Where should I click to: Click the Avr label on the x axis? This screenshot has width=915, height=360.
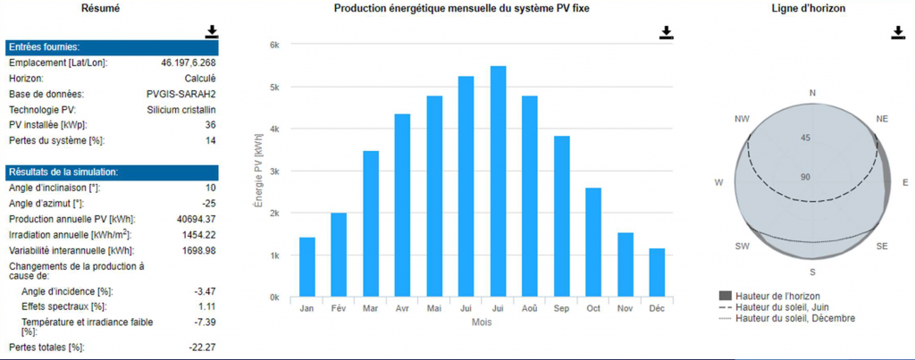402,308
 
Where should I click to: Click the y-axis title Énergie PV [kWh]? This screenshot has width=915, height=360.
259,171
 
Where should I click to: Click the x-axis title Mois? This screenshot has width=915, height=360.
482,322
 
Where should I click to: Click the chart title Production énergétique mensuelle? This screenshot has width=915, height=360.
461,8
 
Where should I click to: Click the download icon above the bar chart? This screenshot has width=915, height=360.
666,32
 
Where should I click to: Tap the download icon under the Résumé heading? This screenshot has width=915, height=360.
211,31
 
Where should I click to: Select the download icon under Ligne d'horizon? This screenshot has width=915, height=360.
898,32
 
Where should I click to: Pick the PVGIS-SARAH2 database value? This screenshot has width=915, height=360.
181,94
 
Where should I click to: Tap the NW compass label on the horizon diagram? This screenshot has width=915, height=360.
742,119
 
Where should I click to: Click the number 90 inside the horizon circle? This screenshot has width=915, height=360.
805,177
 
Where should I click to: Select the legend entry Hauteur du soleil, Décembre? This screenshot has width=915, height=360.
794,318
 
